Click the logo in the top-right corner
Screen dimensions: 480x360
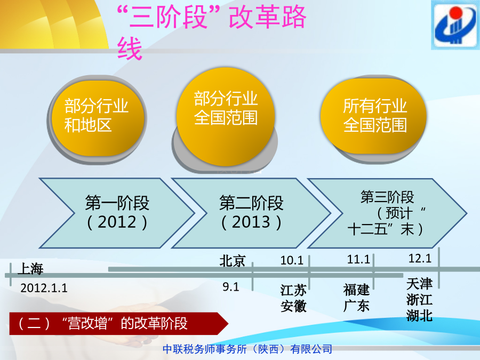pos(455,25)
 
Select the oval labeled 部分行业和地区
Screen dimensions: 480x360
pos(98,118)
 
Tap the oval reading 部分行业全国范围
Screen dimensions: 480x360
pos(226,117)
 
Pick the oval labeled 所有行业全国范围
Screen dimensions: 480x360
pos(373,116)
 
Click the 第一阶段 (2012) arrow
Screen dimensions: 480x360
pos(117,213)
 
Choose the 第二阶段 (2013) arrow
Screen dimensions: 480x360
pos(251,213)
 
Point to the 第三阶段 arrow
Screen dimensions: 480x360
pos(387,213)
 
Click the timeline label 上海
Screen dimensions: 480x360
pos(31,269)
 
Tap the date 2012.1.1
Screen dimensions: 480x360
pos(44,288)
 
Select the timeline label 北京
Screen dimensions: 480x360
pos(233,261)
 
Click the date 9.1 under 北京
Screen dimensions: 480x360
pos(230,287)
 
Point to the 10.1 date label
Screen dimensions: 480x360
pos(292,260)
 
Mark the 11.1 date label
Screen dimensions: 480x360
pos(358,260)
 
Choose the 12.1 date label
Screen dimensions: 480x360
pos(420,258)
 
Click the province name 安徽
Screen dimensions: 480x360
pos(293,306)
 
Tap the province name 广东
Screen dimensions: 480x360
pos(356,306)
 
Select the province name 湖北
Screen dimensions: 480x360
pos(419,315)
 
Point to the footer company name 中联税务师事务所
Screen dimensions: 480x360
pos(205,349)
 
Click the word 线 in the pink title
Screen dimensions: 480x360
pos(130,49)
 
